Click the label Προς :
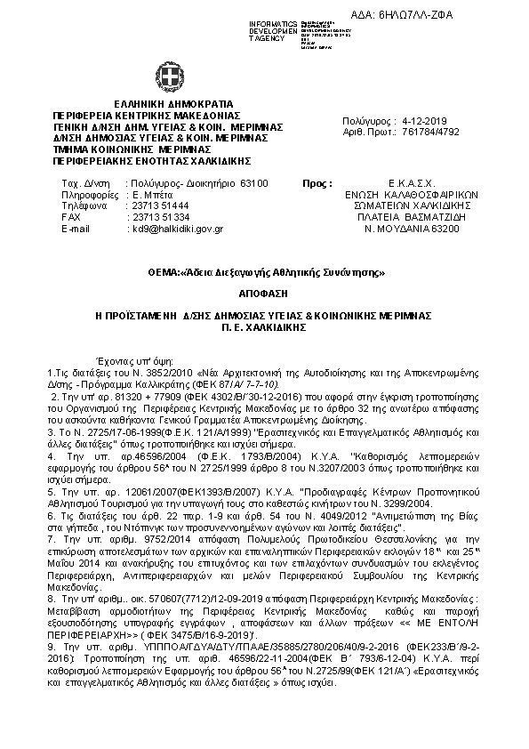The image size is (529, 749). [x=317, y=181]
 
